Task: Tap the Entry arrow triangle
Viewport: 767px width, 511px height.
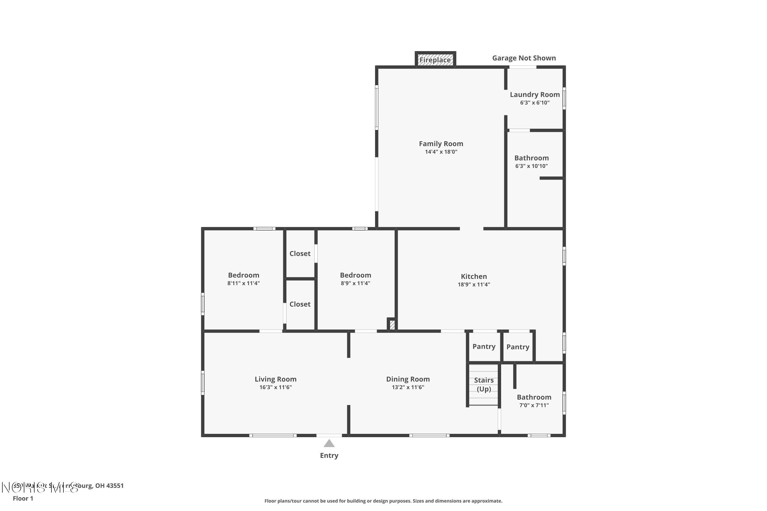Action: click(x=329, y=444)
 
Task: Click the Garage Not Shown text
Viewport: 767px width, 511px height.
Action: click(x=524, y=58)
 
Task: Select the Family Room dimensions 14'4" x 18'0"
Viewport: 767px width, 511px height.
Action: click(x=441, y=152)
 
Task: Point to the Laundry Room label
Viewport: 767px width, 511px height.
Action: click(x=535, y=95)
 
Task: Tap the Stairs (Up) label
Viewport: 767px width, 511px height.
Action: click(x=484, y=385)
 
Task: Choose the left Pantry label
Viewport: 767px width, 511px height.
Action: click(x=484, y=346)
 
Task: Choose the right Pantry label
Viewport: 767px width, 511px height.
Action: click(x=517, y=347)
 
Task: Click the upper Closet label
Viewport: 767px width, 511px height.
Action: click(x=300, y=253)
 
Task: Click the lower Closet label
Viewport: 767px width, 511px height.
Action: click(x=300, y=304)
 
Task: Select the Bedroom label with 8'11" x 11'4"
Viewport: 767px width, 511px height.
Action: click(x=243, y=275)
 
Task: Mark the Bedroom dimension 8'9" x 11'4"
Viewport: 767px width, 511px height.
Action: click(x=355, y=283)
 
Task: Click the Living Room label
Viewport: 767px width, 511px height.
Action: click(x=275, y=379)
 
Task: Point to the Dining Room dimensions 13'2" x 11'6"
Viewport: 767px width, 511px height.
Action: click(x=408, y=387)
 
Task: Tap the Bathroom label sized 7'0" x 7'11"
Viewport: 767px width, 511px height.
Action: click(x=534, y=397)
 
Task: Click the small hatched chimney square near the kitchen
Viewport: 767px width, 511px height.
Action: click(x=392, y=324)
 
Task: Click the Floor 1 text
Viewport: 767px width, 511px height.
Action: click(x=23, y=498)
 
